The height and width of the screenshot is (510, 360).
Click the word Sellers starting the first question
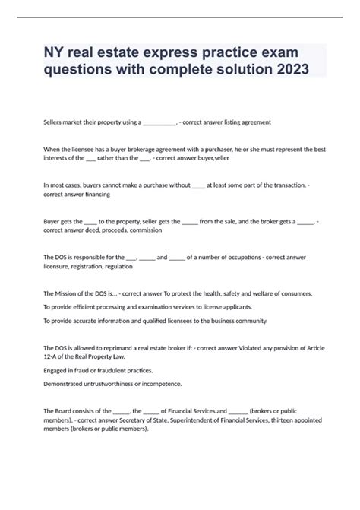55,122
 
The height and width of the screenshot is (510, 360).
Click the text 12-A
53,356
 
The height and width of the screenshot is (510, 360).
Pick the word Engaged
58,370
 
